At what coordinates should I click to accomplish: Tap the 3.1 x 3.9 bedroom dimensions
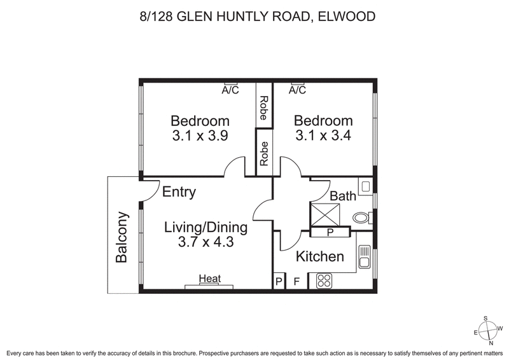(200, 135)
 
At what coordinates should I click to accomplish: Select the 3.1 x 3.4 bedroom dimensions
(323, 135)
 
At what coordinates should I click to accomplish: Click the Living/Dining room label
(206, 227)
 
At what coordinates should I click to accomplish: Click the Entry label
(179, 193)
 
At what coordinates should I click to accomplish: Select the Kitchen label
(320, 257)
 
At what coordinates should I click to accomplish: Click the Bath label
(342, 197)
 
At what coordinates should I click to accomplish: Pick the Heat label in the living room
(209, 279)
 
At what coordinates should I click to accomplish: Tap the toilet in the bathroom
(361, 218)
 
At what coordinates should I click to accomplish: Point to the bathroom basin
(365, 186)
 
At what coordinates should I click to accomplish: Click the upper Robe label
(263, 109)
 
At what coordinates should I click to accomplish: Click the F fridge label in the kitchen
(296, 281)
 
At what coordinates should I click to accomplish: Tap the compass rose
(487, 329)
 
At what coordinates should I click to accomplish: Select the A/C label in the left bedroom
(230, 90)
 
